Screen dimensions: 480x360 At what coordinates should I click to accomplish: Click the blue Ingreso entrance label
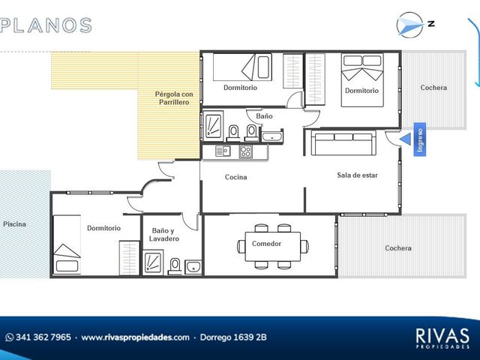[420, 139]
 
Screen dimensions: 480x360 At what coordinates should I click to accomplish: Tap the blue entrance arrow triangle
[406, 139]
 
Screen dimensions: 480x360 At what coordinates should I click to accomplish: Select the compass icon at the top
[410, 25]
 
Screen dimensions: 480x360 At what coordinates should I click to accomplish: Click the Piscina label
[14, 224]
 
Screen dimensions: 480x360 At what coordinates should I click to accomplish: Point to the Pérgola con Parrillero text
[174, 98]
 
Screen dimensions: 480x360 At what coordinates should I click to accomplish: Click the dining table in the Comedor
[273, 247]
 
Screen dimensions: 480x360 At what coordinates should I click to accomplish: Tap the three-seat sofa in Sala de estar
[343, 143]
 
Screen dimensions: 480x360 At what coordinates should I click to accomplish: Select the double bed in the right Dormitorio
[362, 80]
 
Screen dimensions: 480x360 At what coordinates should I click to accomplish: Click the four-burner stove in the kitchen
[245, 151]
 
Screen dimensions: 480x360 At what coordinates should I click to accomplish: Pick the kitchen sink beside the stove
[223, 151]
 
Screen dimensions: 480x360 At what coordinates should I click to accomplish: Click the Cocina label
[235, 177]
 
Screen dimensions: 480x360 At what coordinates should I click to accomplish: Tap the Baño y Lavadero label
[164, 235]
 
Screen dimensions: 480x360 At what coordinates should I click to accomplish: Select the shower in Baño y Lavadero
[153, 262]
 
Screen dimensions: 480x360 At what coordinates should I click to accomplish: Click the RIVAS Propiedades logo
[442, 338]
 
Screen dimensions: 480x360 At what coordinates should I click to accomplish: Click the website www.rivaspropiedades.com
[135, 337]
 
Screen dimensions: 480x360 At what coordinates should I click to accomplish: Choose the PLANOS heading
[46, 25]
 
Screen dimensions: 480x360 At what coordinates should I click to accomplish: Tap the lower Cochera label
[398, 248]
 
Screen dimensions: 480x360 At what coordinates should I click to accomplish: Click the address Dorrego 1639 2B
[233, 337]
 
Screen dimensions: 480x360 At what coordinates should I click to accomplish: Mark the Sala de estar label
[357, 175]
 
